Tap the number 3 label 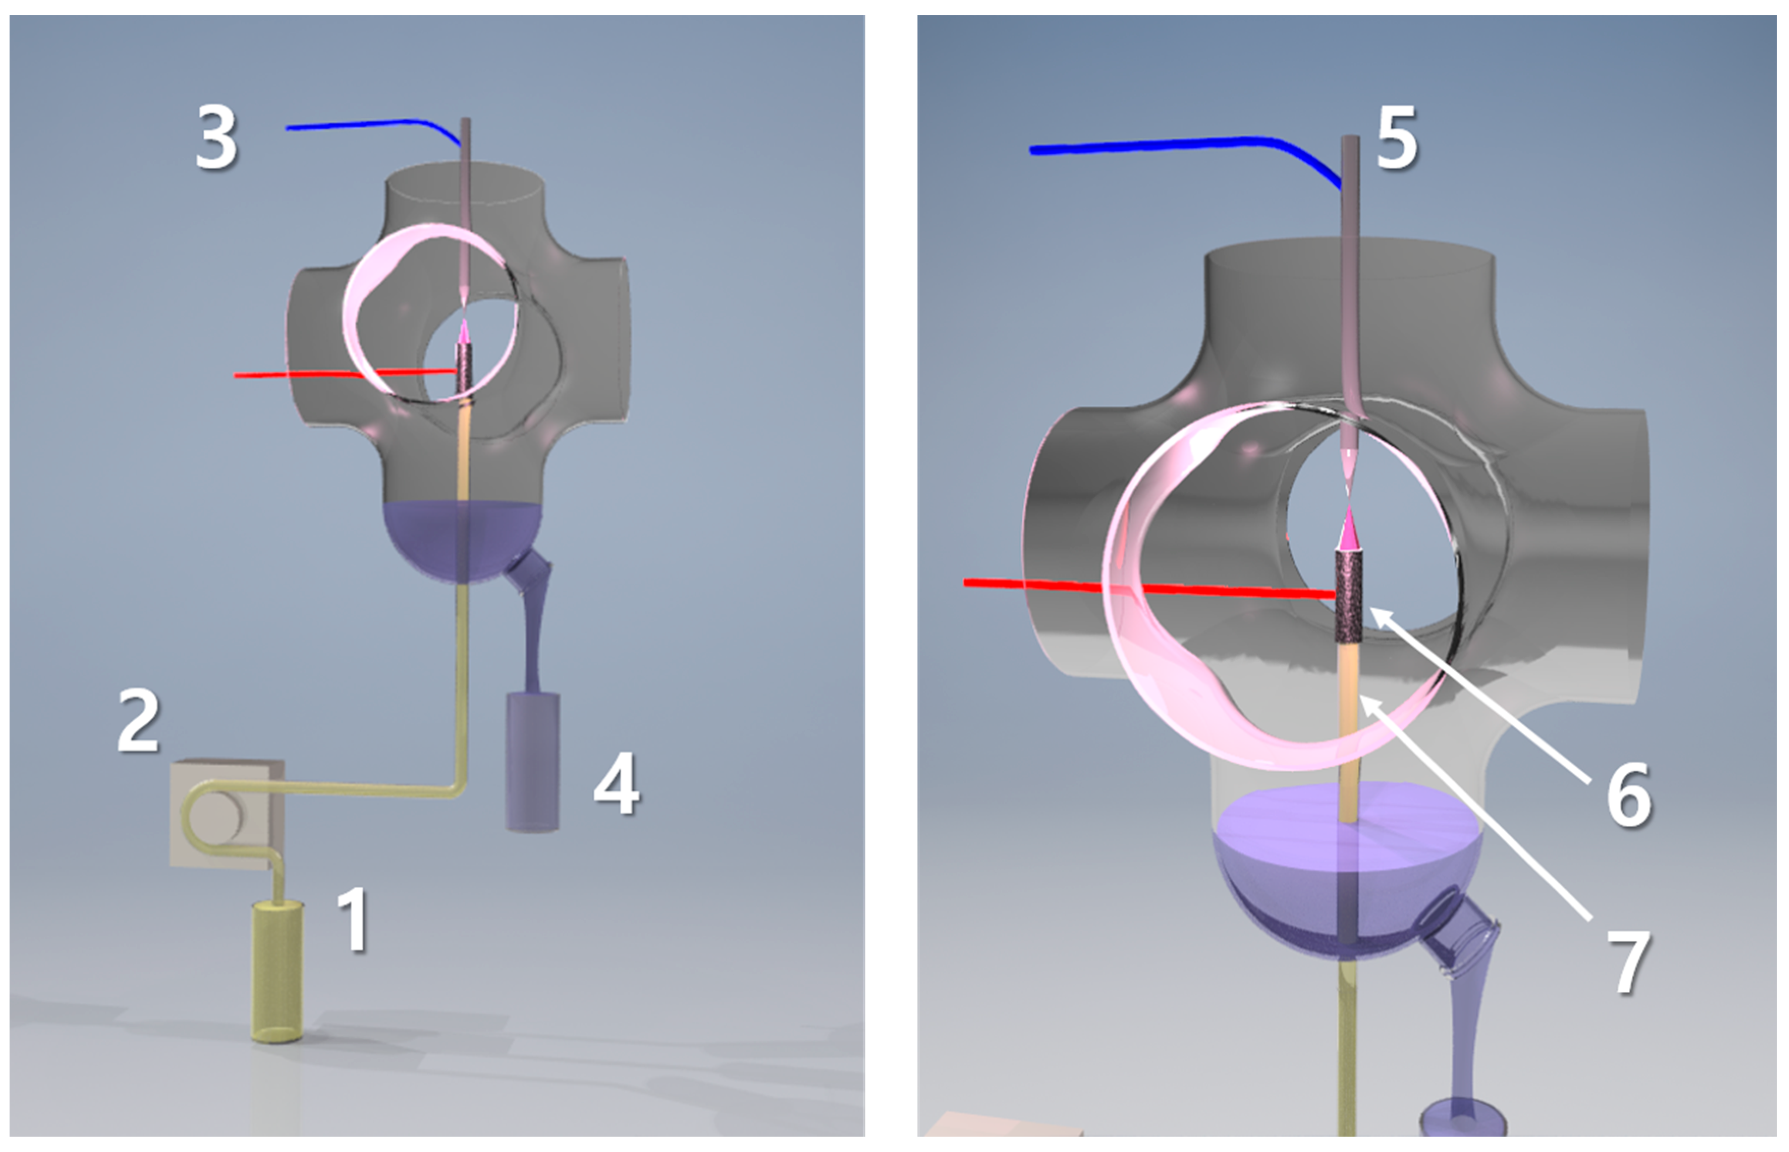pyautogui.click(x=216, y=138)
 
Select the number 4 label pyautogui.click(x=617, y=784)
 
